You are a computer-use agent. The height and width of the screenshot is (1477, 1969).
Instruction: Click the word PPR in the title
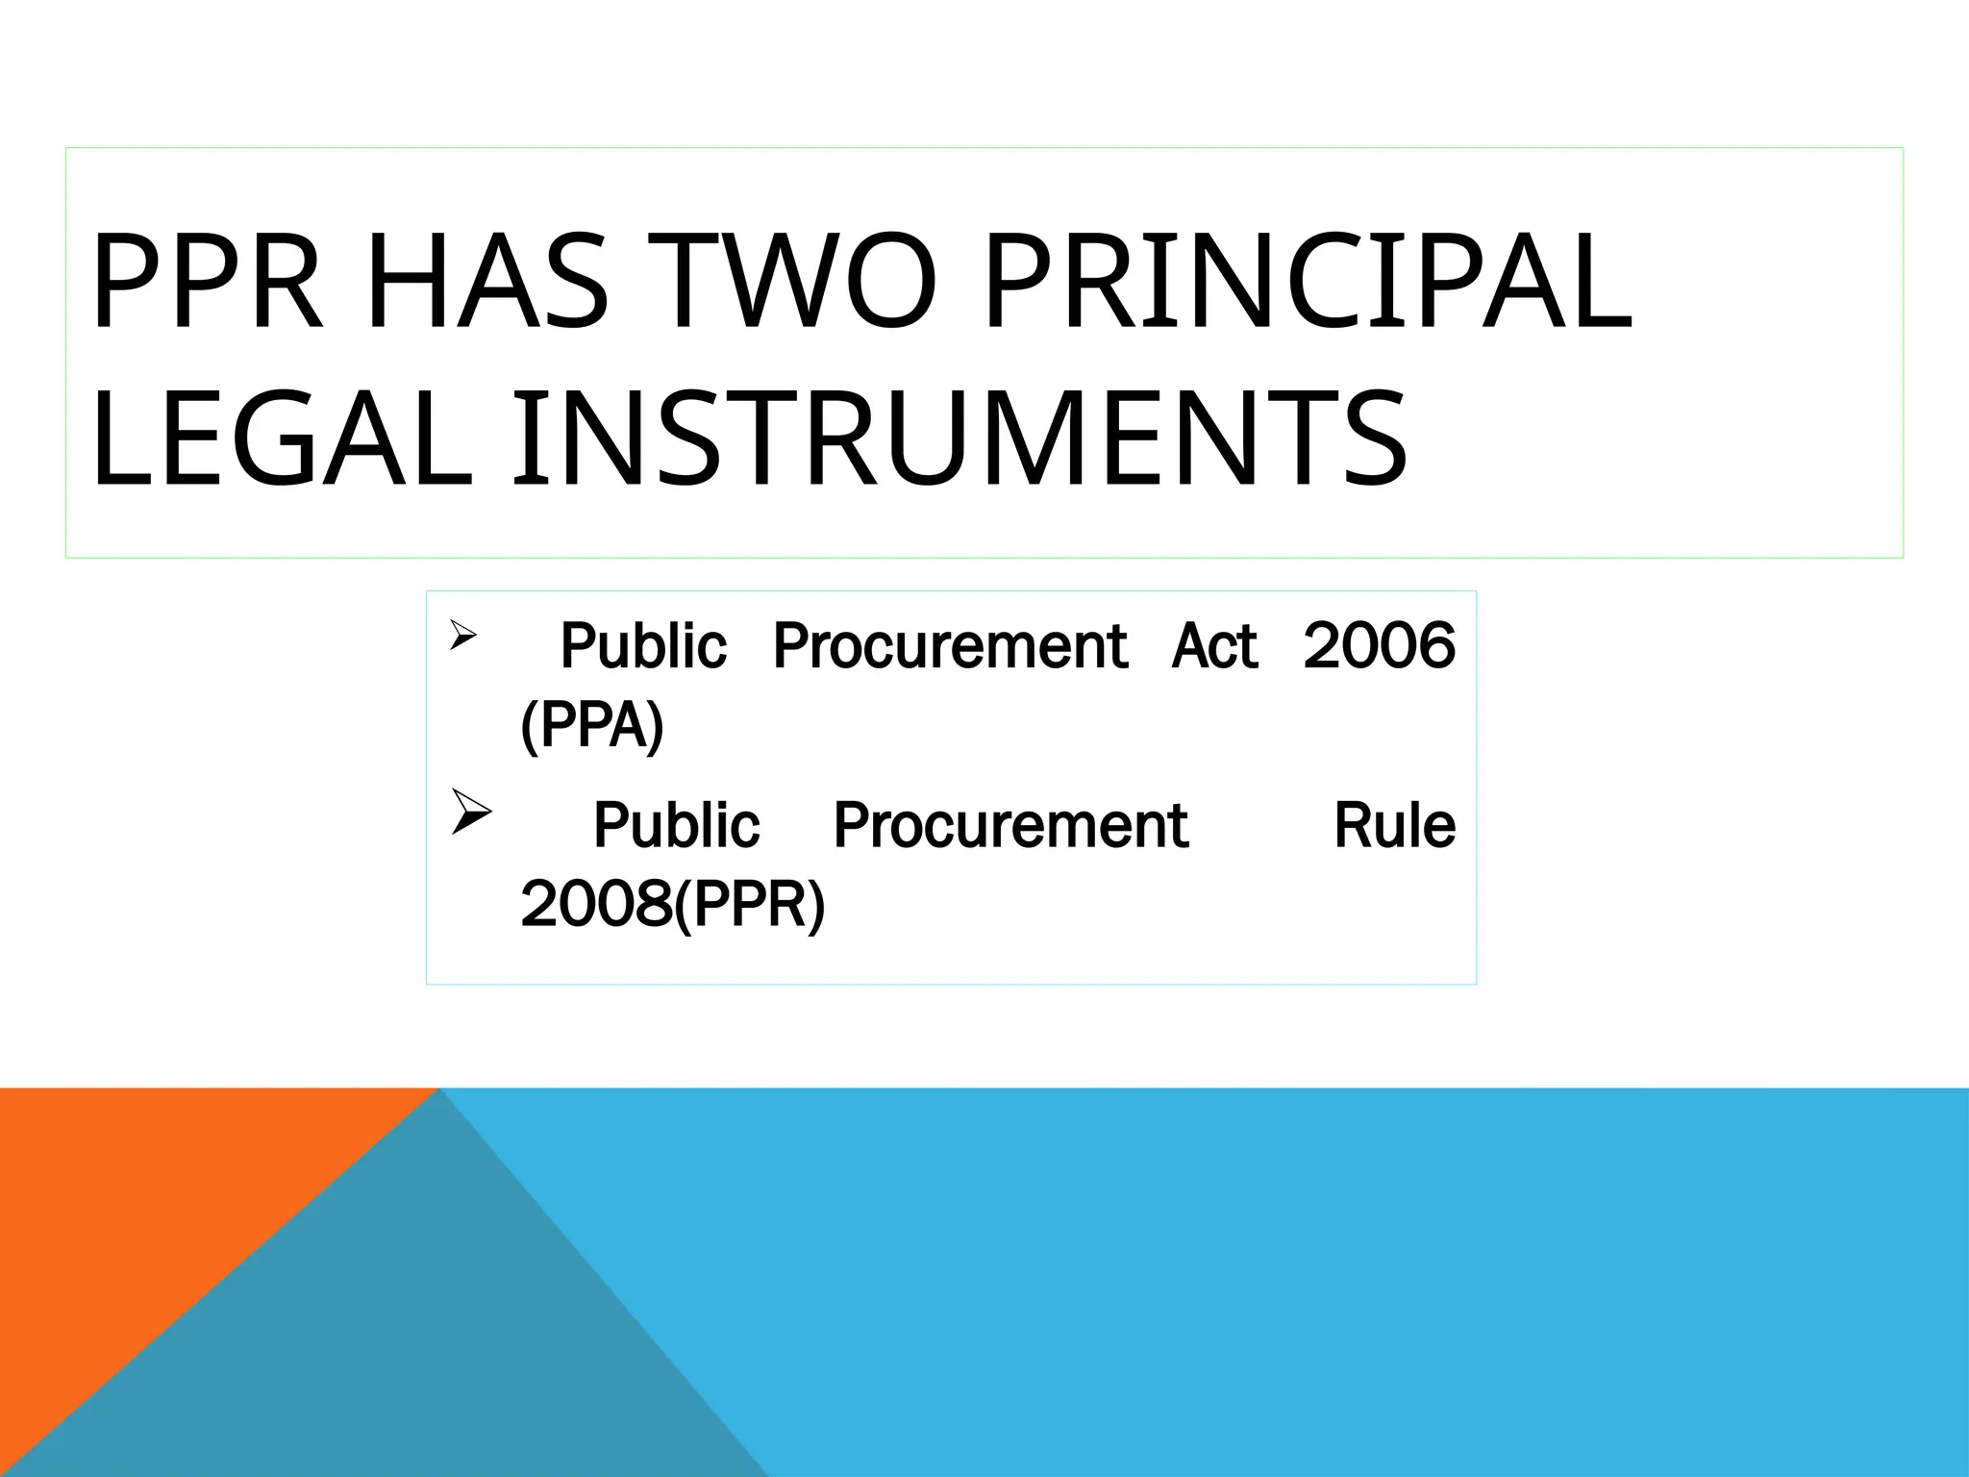(x=206, y=285)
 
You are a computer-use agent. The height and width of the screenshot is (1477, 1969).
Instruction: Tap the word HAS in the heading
(x=486, y=285)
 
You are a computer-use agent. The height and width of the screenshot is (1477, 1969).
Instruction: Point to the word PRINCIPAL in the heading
(x=1308, y=285)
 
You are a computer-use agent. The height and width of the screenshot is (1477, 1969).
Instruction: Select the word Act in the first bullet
(x=1214, y=646)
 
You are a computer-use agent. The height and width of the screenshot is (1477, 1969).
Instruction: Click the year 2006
(x=1379, y=646)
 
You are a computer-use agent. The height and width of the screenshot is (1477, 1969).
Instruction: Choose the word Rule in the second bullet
(x=1394, y=825)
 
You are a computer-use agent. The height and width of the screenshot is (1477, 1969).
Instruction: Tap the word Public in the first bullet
(x=643, y=646)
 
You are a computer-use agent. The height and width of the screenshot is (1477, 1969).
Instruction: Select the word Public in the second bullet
(x=676, y=825)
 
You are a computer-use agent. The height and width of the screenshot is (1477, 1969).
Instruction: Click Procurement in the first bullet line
(x=949, y=646)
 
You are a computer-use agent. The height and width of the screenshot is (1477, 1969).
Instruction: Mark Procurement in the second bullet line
(x=1010, y=825)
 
